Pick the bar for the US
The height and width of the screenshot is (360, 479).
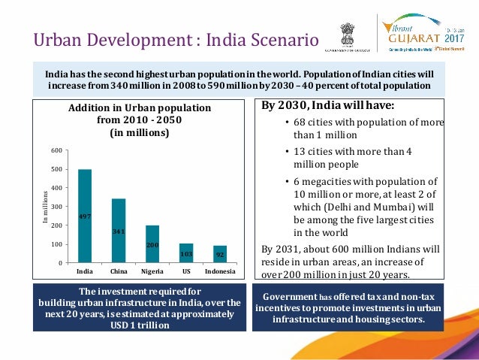click(x=186, y=253)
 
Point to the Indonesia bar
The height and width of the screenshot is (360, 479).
click(x=220, y=254)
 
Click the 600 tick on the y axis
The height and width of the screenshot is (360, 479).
click(x=57, y=151)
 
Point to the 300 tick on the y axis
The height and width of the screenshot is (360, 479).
click(x=57, y=207)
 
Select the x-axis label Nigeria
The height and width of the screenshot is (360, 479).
click(x=152, y=271)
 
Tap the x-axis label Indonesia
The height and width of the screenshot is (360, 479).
click(x=220, y=271)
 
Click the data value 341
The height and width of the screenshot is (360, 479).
click(x=119, y=231)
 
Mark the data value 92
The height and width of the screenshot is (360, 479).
click(x=220, y=255)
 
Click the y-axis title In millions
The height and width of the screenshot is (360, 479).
click(x=44, y=207)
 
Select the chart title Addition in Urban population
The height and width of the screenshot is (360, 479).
click(x=140, y=108)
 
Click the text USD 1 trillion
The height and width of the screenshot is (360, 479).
click(x=139, y=325)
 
